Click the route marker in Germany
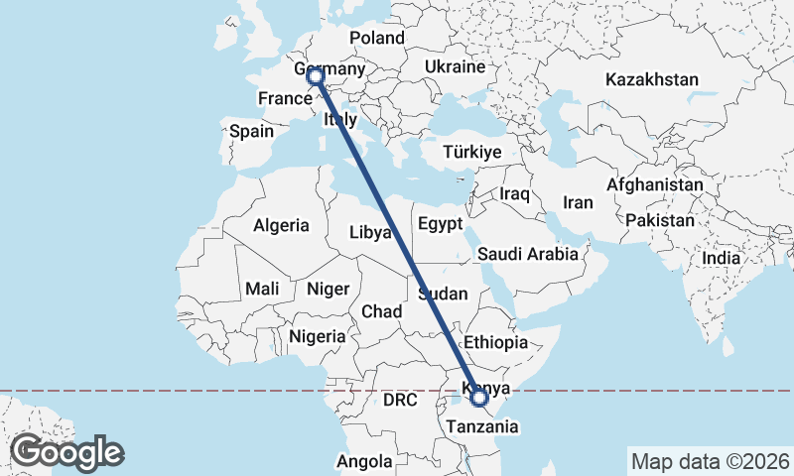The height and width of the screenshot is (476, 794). point(315,75)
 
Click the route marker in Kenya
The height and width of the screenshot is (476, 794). point(479,398)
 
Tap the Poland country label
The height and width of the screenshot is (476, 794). point(376,38)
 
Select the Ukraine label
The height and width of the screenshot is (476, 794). point(455,67)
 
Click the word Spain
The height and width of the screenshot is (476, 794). point(251,131)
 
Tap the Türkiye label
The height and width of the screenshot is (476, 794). point(471,152)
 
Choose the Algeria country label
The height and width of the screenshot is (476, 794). point(281,225)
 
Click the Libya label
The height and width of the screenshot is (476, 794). point(370,233)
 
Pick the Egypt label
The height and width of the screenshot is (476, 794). point(440,224)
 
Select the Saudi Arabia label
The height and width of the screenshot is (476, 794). point(527,254)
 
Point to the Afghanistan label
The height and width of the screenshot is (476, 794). point(654,185)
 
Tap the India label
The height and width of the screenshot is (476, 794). point(721,258)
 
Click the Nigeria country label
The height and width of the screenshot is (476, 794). point(318,336)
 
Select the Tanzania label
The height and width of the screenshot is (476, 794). point(482,426)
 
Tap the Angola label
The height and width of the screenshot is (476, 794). point(365,461)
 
